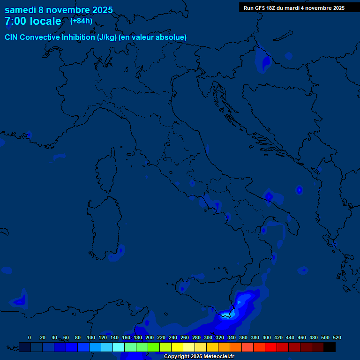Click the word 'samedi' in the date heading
(x=20, y=10)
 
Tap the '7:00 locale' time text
(x=33, y=21)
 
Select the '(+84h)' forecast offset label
(x=81, y=21)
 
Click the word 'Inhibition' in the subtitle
(x=78, y=37)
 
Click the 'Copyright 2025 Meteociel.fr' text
(x=199, y=356)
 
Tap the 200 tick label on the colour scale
(x=150, y=337)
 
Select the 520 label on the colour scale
(x=337, y=337)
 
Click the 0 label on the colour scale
(x=30, y=337)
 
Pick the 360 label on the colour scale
(x=243, y=337)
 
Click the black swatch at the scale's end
(x=330, y=347)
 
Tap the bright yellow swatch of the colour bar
(x=177, y=347)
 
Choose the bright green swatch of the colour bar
(x=154, y=347)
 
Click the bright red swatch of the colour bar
(x=271, y=347)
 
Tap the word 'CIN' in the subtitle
(x=12, y=37)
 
